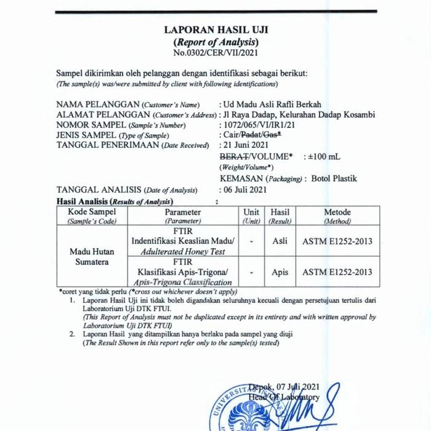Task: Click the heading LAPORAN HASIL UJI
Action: point(216,30)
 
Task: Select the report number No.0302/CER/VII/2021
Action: point(216,52)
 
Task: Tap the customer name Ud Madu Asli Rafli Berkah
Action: point(273,105)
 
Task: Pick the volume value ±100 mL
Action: point(324,156)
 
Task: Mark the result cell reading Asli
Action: point(280,241)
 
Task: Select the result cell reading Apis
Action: point(280,272)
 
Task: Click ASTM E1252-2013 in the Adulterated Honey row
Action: point(337,241)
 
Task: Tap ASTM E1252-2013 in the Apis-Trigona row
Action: point(337,272)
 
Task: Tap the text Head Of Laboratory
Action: point(284,398)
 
